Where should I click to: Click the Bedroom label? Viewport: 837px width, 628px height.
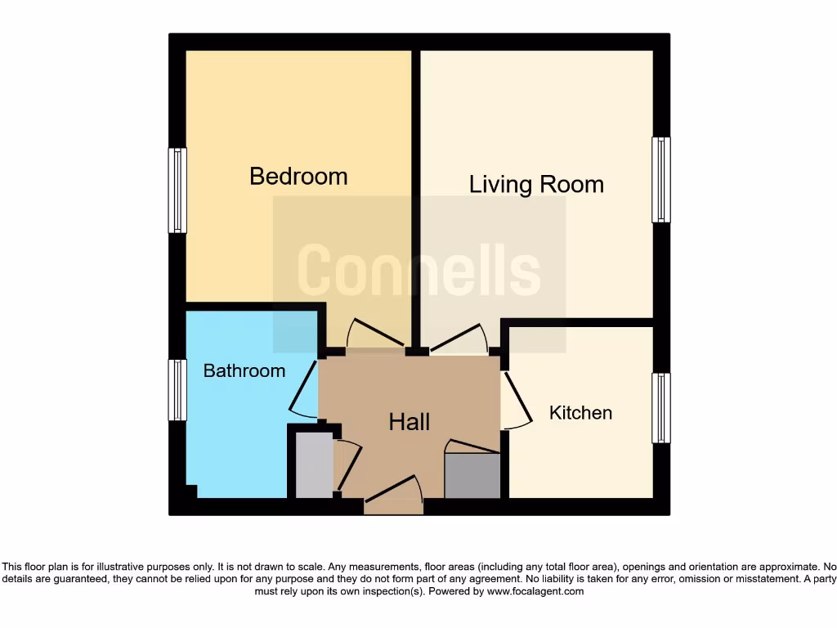pos(298,176)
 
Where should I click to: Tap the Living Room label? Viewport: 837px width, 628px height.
pos(536,184)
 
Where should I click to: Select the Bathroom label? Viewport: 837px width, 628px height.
pos(244,370)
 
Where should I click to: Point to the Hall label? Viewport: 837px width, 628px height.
pos(409,422)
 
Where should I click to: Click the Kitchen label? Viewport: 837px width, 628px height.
pos(580,413)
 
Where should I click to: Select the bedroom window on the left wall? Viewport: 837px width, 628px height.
pos(177,191)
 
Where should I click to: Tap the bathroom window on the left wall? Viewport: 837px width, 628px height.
pos(177,390)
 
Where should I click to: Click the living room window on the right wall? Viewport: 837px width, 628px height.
pos(660,180)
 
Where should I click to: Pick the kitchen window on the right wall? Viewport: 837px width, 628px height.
pos(660,409)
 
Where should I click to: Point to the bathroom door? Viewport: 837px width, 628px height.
pos(303,388)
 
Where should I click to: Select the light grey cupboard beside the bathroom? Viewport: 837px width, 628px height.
pos(313,465)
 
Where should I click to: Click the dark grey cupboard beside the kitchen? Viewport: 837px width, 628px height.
pos(472,475)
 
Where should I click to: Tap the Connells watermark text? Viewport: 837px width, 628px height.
pos(418,271)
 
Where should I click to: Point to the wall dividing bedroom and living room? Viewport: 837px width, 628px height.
pos(415,196)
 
